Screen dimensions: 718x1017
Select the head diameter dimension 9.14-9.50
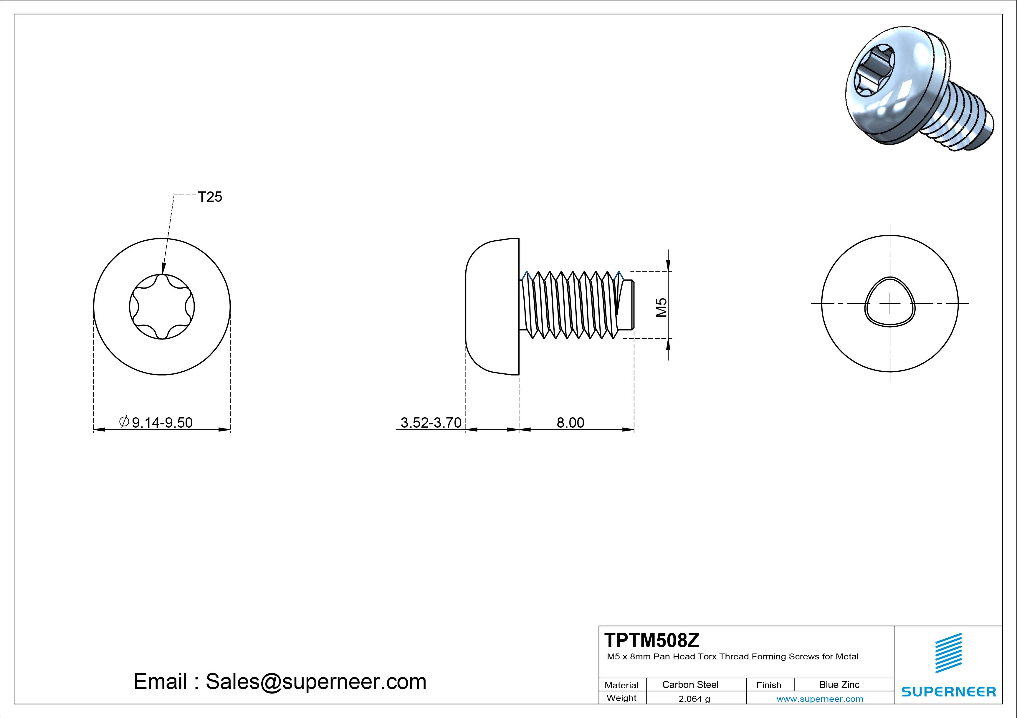162,423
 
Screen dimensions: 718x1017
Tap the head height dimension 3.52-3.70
431,423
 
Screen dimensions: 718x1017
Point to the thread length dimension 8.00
570,423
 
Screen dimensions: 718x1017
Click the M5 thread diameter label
661,307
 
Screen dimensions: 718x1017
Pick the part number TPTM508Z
651,640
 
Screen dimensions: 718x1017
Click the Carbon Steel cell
690,684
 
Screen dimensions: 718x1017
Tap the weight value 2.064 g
694,699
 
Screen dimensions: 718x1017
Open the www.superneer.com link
819,699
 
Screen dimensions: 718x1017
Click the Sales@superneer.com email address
316,681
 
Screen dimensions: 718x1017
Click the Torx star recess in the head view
162,307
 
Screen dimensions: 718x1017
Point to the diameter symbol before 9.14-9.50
124,422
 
